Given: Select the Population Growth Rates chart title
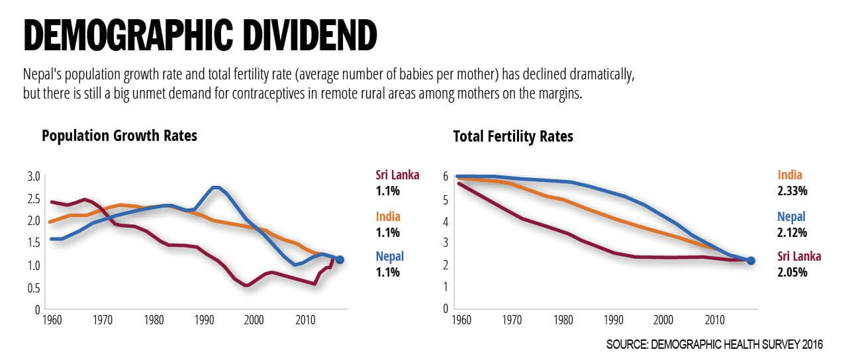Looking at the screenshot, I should click(x=119, y=136).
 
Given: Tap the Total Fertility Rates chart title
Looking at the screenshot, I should click(x=512, y=137).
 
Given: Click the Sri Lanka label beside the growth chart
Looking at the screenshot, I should click(x=397, y=175).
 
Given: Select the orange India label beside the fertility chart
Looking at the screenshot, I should click(x=790, y=175).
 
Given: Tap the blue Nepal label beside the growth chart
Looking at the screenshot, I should click(x=389, y=256).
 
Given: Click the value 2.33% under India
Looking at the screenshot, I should click(x=793, y=191).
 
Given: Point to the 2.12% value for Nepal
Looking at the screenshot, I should click(x=793, y=232).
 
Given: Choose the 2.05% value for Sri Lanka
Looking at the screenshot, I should click(x=793, y=272).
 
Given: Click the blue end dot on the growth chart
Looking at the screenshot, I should click(x=340, y=259).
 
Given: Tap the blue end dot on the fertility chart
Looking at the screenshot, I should click(x=751, y=261).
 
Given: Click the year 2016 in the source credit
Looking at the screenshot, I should click(x=812, y=345).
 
